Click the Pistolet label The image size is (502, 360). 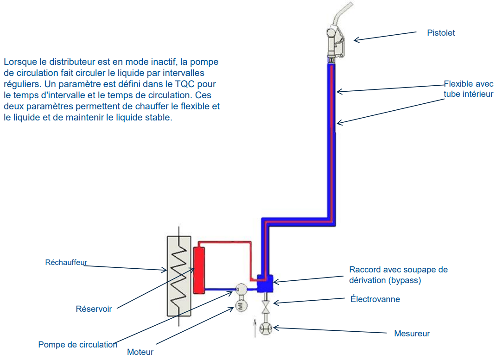(441, 33)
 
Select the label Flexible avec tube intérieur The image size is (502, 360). (468, 89)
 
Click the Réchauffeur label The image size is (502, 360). (66, 262)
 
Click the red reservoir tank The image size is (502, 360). (199, 270)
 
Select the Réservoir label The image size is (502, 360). (94, 309)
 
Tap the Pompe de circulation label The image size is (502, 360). (78, 345)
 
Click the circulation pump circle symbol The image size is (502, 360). (241, 290)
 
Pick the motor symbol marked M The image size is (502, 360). (241, 305)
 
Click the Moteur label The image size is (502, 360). (140, 352)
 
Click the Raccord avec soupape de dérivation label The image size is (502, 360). (398, 275)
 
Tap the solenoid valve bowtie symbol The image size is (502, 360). (266, 307)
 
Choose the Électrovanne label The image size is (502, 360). (375, 299)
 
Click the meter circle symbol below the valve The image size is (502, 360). (266, 328)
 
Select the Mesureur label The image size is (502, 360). (412, 334)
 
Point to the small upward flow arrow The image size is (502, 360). (254, 327)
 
